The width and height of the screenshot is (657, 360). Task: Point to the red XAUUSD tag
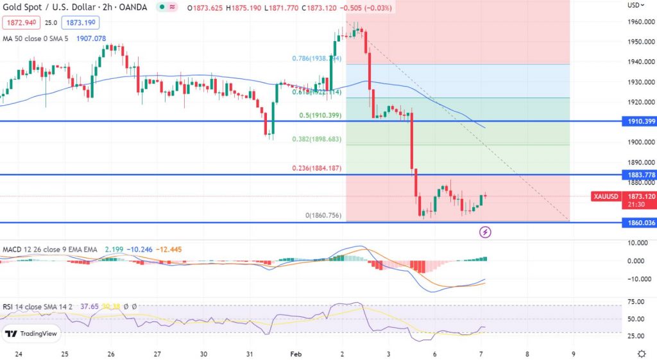[x=606, y=196]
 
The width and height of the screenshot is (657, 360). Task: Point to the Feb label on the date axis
[x=296, y=354]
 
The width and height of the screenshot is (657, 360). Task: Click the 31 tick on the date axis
[x=250, y=354]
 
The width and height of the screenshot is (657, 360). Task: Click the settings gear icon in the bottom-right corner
[x=641, y=354]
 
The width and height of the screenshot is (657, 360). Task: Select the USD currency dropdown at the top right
[x=635, y=5]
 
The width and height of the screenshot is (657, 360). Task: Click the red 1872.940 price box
[x=21, y=23]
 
